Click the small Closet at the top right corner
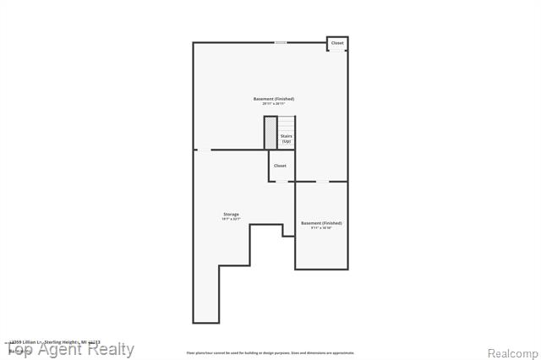tap(337, 43)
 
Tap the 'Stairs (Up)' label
tap(287, 138)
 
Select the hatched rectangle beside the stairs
tap(270, 133)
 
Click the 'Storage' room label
tap(231, 214)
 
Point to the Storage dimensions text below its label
tap(231, 219)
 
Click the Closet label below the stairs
tap(280, 166)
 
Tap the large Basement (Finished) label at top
tap(274, 99)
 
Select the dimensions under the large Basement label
tap(274, 104)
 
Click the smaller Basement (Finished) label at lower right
tap(321, 222)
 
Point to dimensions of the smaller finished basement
tap(321, 227)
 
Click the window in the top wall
tap(280, 42)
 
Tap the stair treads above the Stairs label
tap(287, 123)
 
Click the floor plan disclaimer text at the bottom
tap(270, 352)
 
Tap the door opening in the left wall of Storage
tap(203, 150)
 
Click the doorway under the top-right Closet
tap(337, 51)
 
